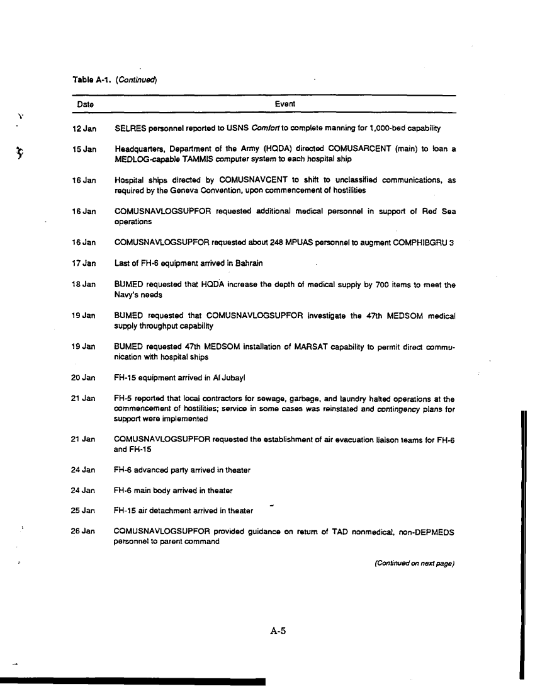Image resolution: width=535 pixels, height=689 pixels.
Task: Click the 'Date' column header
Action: [x=85, y=104]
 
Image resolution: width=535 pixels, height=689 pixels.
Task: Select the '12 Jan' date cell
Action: [x=85, y=129]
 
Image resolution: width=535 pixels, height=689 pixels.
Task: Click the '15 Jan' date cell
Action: [x=85, y=149]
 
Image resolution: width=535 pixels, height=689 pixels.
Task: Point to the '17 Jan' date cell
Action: [x=85, y=263]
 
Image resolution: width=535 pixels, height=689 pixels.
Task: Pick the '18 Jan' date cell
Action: [x=85, y=285]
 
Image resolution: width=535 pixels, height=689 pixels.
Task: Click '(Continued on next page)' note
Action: [x=414, y=564]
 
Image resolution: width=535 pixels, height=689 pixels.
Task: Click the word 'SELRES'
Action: [x=130, y=129]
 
